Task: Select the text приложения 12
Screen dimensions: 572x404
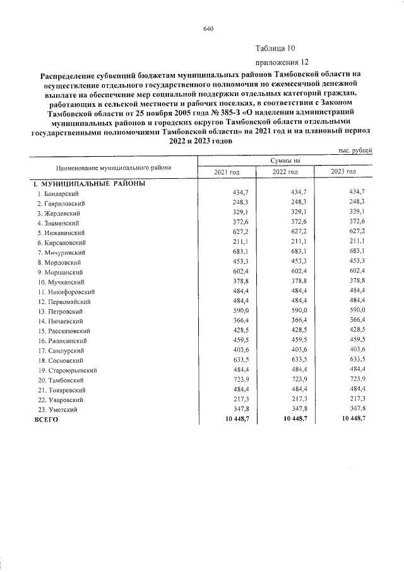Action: point(282,63)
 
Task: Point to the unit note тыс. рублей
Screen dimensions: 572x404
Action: point(357,150)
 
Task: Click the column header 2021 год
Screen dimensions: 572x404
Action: point(227,172)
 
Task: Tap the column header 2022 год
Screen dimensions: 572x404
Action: point(285,172)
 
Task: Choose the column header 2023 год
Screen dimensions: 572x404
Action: point(343,172)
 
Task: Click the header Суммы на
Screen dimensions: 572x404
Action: point(285,161)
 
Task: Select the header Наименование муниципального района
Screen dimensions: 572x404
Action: point(113,168)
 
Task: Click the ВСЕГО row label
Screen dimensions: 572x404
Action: point(45,420)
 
